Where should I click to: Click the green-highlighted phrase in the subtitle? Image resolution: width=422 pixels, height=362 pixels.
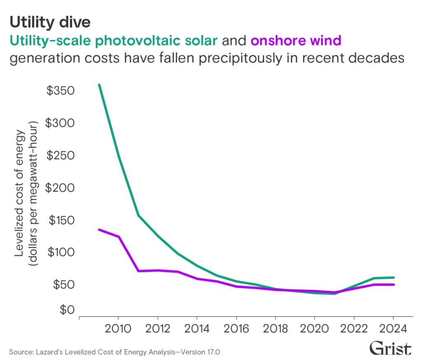point(115,42)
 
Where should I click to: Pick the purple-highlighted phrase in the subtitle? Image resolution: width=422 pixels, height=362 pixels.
point(295,42)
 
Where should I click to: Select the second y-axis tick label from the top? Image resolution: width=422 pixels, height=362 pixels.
point(62,123)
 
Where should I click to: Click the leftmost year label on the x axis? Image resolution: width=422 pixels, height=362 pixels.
point(118,328)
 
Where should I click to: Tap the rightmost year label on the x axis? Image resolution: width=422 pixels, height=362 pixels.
point(392,328)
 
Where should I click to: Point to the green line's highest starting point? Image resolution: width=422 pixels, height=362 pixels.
point(99,86)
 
